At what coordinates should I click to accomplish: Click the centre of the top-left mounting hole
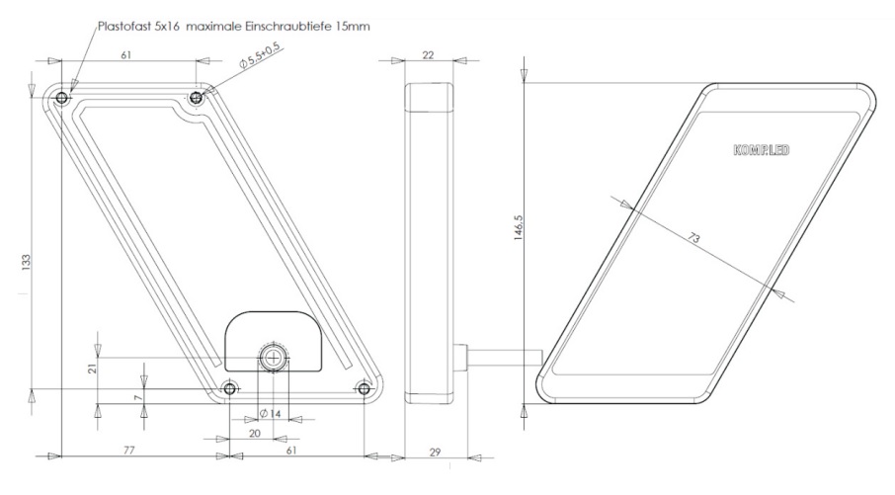61,99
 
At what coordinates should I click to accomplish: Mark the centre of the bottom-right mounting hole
365,389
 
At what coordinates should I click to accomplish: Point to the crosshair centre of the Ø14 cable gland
274,358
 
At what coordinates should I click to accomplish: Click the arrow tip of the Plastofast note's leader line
71,91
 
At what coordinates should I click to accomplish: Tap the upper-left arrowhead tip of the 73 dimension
632,209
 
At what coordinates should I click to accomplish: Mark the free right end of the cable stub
541,358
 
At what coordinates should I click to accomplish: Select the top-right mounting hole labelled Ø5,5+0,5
197,98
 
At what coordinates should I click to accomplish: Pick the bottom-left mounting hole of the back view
229,389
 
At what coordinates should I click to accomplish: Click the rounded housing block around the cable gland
274,341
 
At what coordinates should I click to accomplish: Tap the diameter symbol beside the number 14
263,413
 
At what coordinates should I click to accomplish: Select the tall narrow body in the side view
429,243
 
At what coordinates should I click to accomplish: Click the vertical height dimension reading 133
27,262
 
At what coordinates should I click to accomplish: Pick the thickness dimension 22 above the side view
428,54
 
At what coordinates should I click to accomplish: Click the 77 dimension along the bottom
129,451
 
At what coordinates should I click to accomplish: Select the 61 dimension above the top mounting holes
126,54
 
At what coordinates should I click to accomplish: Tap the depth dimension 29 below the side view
435,453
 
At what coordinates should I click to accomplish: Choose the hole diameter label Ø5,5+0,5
260,56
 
